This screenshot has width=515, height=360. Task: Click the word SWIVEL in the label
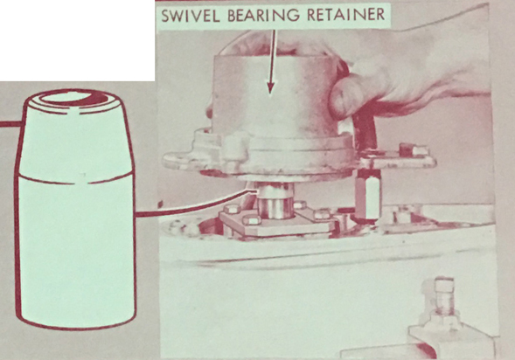point(190,16)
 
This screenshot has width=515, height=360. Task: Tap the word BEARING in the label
point(263,16)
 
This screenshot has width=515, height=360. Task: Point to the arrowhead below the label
point(270,87)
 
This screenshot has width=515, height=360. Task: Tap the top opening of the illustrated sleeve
point(73,98)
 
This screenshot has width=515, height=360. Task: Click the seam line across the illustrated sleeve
point(74,179)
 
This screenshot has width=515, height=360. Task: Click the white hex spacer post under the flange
point(368,194)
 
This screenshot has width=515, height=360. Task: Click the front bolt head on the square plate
point(252,220)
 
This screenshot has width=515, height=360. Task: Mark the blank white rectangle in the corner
point(77,40)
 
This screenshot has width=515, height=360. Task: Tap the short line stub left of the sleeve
point(11,124)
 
